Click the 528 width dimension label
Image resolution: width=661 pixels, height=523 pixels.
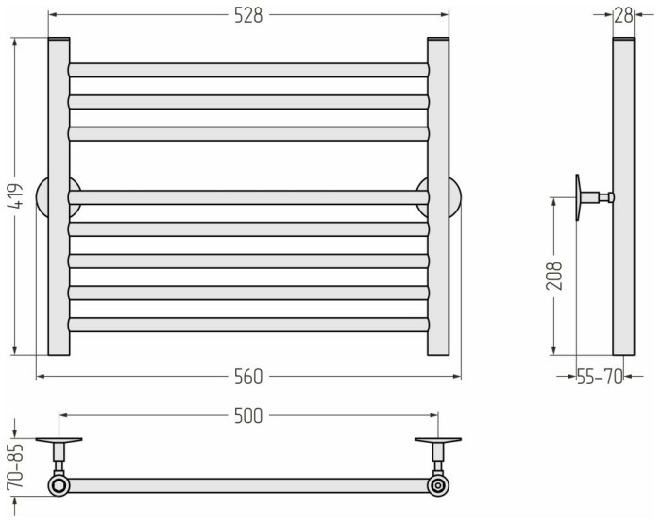248,16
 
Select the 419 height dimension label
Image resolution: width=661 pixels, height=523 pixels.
17,195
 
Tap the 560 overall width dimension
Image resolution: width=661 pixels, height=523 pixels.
248,377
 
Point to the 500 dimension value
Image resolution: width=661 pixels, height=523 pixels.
248,416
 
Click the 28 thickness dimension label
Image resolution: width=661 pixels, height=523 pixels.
624,16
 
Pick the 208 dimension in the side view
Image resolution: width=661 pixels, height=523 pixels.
554,276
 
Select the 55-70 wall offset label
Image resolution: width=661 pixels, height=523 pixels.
600,377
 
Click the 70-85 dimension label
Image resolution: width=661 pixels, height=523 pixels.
15,467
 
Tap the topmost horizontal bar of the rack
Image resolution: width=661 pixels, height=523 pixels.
248,70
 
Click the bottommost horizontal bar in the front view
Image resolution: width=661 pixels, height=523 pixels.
248,325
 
